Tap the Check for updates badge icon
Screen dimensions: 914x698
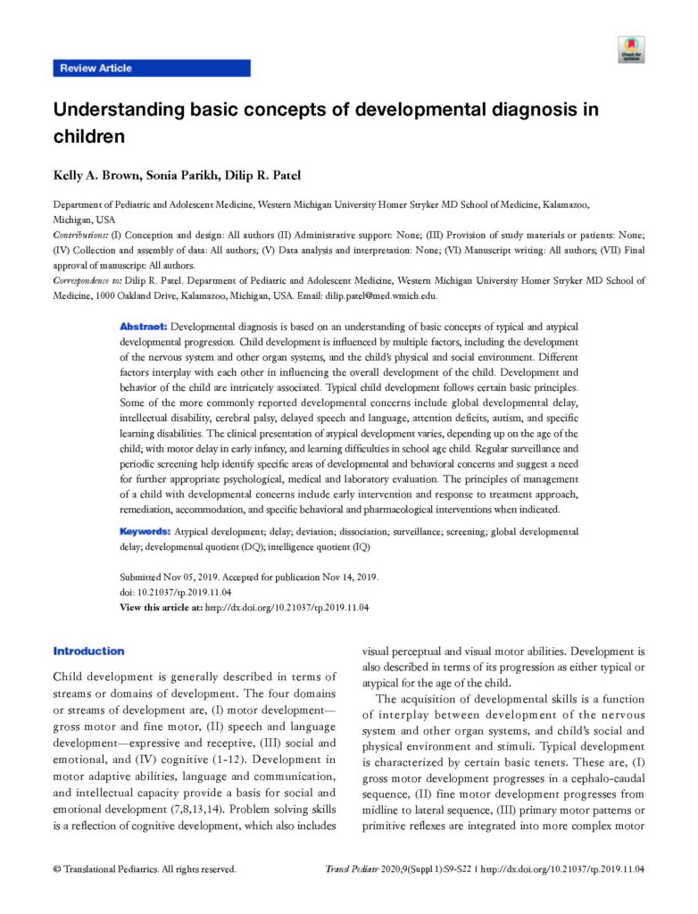(630, 49)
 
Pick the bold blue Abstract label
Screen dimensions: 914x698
(143, 328)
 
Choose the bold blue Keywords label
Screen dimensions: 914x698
(146, 531)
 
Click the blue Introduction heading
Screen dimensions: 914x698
(89, 651)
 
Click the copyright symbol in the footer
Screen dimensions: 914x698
(56, 868)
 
